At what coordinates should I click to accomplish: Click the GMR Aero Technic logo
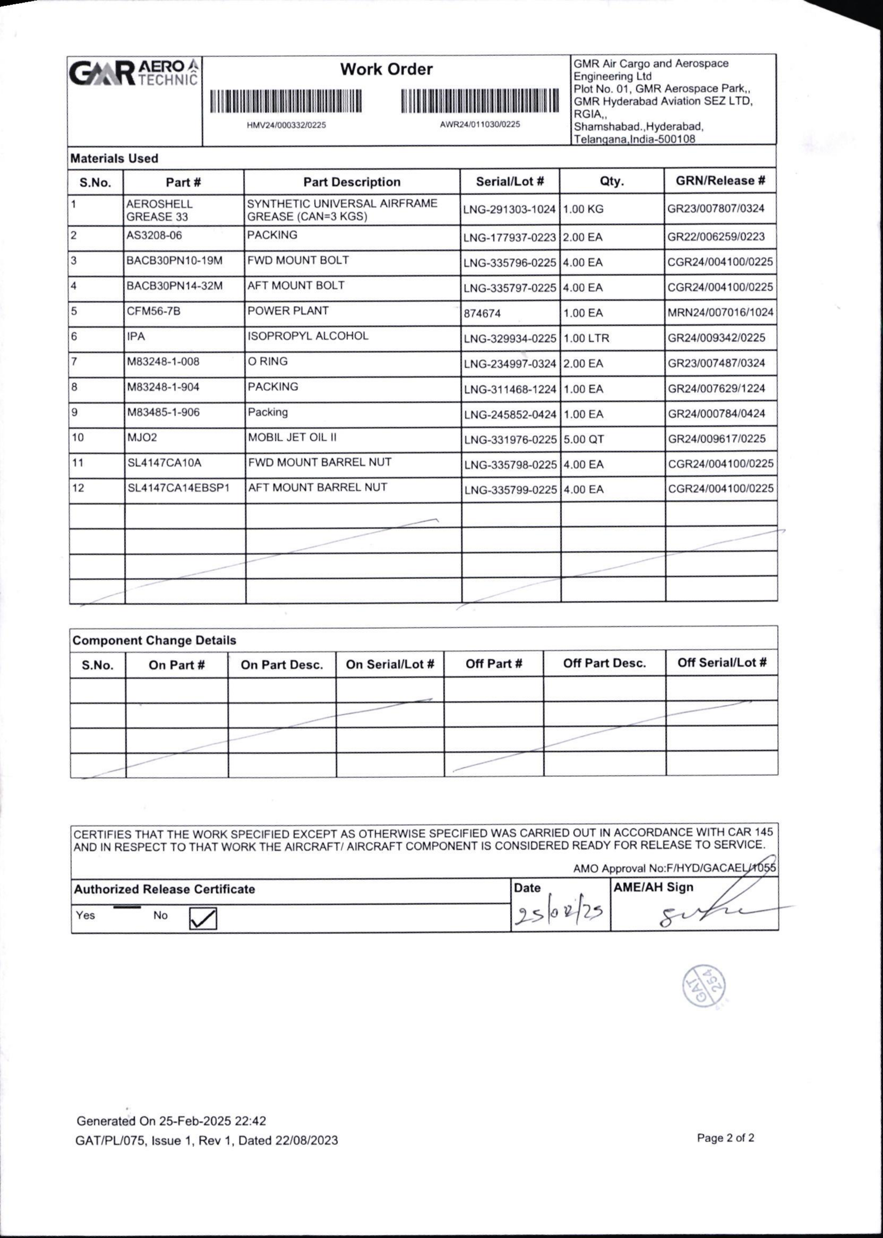click(x=134, y=73)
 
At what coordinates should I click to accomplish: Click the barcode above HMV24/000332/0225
click(x=286, y=101)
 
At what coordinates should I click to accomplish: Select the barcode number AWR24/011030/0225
click(x=480, y=125)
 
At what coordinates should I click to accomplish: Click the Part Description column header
click(x=352, y=182)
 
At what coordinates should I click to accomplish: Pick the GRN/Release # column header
click(x=721, y=181)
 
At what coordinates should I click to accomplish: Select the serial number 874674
click(x=482, y=314)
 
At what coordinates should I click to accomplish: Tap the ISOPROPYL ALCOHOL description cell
click(x=308, y=336)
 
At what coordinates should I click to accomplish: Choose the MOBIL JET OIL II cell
click(x=293, y=437)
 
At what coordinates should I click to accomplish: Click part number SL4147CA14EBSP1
click(x=178, y=488)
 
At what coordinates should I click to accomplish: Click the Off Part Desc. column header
click(x=604, y=663)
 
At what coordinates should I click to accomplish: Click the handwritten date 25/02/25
click(x=560, y=917)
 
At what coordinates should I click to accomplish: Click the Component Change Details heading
click(x=154, y=641)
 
